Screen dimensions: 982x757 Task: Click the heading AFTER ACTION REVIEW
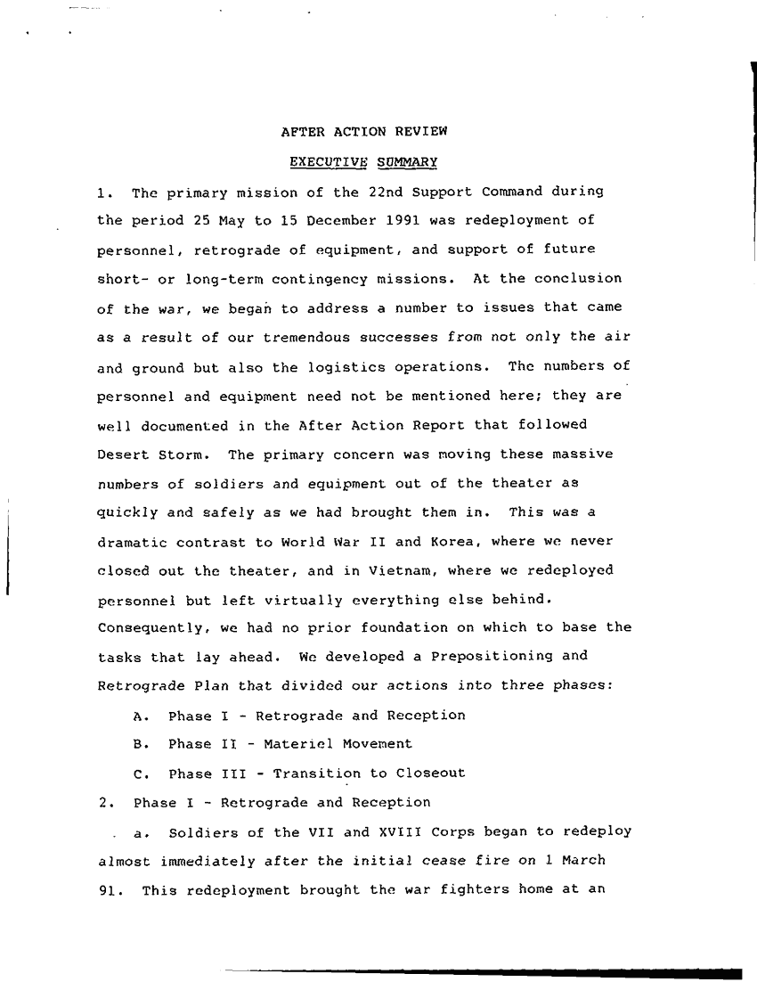pos(363,132)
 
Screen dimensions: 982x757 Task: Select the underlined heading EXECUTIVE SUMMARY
pos(363,162)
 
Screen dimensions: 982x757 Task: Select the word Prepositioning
pos(489,657)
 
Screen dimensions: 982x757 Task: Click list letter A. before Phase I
pos(138,716)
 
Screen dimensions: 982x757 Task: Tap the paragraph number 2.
pos(105,803)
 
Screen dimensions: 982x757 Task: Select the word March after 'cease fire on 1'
pos(584,861)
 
